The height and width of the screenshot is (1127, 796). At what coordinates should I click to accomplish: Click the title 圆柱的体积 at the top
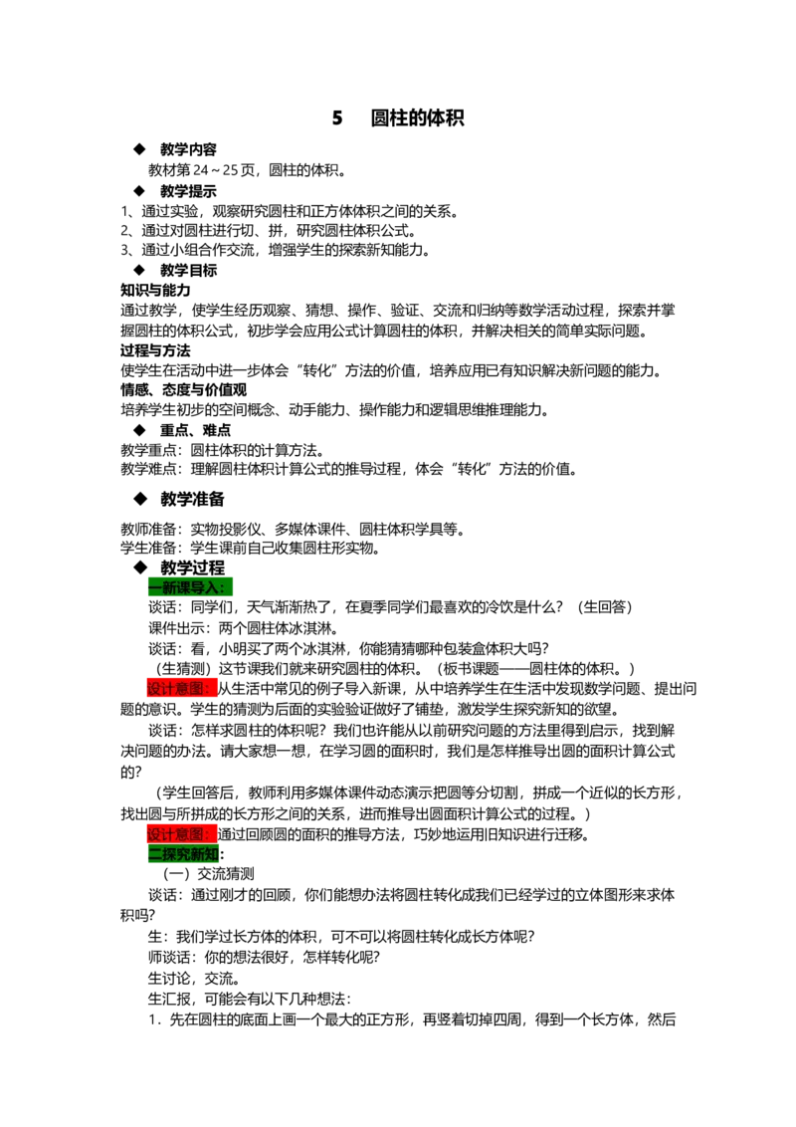[417, 117]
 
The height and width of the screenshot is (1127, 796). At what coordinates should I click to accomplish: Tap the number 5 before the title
[337, 117]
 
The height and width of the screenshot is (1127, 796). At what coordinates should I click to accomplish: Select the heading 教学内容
[188, 149]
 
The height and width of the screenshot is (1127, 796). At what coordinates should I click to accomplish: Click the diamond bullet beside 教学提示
[139, 190]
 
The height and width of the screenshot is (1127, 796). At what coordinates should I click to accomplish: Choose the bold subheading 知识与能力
[155, 290]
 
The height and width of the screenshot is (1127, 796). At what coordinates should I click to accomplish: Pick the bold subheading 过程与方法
[155, 350]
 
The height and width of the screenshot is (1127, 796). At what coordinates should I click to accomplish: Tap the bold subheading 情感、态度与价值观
[184, 389]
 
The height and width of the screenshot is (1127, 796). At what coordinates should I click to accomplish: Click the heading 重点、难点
[195, 430]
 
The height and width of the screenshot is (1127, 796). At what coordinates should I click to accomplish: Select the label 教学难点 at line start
[148, 469]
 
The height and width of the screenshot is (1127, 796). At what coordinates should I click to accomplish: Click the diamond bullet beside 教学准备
[140, 498]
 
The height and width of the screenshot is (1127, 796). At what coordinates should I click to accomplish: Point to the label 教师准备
[148, 530]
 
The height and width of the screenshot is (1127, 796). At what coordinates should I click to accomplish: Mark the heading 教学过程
[193, 567]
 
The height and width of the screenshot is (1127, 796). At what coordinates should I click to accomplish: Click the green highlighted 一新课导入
[190, 587]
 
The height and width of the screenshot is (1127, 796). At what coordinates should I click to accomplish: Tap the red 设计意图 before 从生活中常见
[182, 689]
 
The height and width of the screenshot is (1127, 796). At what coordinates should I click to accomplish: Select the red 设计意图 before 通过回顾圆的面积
[182, 834]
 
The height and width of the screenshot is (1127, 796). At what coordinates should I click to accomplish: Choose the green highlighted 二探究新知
[183, 854]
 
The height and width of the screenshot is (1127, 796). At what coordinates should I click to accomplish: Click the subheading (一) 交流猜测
[209, 874]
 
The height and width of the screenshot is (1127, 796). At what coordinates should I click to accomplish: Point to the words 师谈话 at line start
[169, 958]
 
